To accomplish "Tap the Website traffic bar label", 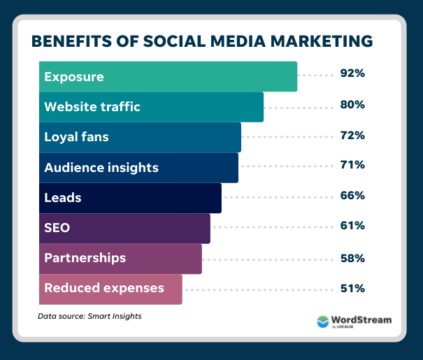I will tap(92, 107).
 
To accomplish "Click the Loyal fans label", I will tap(76, 137).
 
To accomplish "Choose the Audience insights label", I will tap(101, 168).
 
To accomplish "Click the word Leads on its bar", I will tap(63, 198).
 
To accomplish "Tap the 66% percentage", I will tap(353, 196).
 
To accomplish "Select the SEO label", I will tap(57, 228).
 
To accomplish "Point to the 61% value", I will tap(353, 226).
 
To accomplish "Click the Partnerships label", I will tap(85, 258).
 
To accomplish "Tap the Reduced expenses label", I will tap(104, 288).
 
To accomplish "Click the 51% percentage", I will tap(353, 287).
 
